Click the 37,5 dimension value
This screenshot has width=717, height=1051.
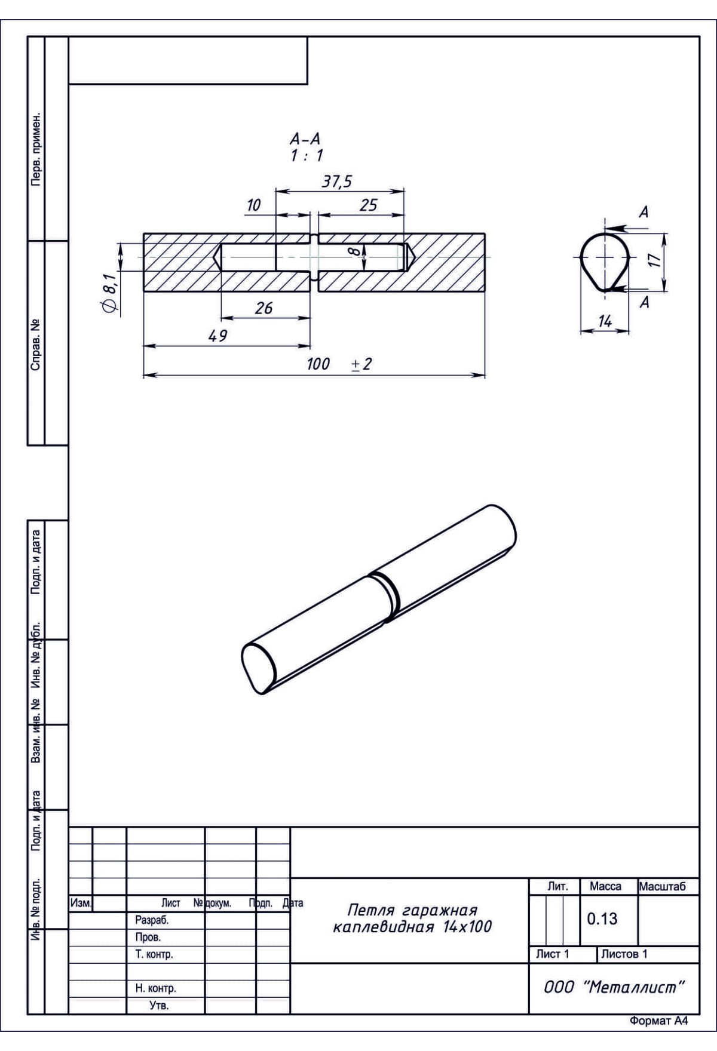pyautogui.click(x=337, y=182)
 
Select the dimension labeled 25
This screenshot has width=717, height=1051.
pyautogui.click(x=369, y=205)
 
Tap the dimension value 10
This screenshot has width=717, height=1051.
pyautogui.click(x=254, y=205)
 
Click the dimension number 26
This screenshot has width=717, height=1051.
pyautogui.click(x=263, y=308)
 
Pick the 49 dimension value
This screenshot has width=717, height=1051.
pyautogui.click(x=217, y=336)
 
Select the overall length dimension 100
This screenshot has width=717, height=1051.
pyautogui.click(x=318, y=364)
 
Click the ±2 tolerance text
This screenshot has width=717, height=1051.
pyautogui.click(x=361, y=364)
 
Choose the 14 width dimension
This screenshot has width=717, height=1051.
pyautogui.click(x=605, y=322)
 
